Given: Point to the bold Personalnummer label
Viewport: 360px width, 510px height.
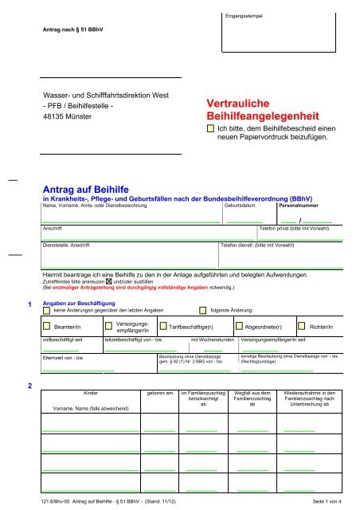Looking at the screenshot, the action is [x=299, y=206].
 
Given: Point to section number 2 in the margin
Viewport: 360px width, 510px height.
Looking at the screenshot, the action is [x=29, y=386].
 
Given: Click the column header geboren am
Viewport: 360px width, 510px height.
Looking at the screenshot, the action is [x=158, y=394].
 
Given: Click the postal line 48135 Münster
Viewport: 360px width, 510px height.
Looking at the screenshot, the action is [x=68, y=116].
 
